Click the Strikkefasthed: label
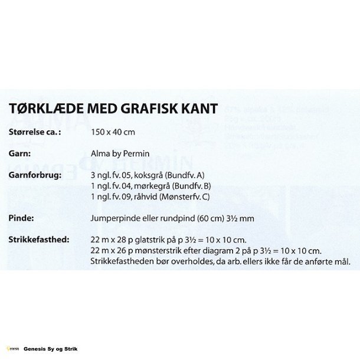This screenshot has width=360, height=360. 40,240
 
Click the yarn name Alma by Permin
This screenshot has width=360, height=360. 120,154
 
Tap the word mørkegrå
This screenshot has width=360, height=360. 151,186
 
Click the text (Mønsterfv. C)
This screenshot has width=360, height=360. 184,197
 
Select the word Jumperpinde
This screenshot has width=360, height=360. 114,218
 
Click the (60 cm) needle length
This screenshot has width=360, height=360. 204,218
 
